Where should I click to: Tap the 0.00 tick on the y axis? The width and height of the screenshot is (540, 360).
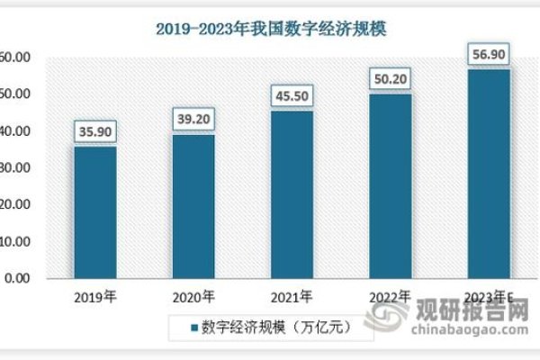pyautogui.click(x=16, y=279)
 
